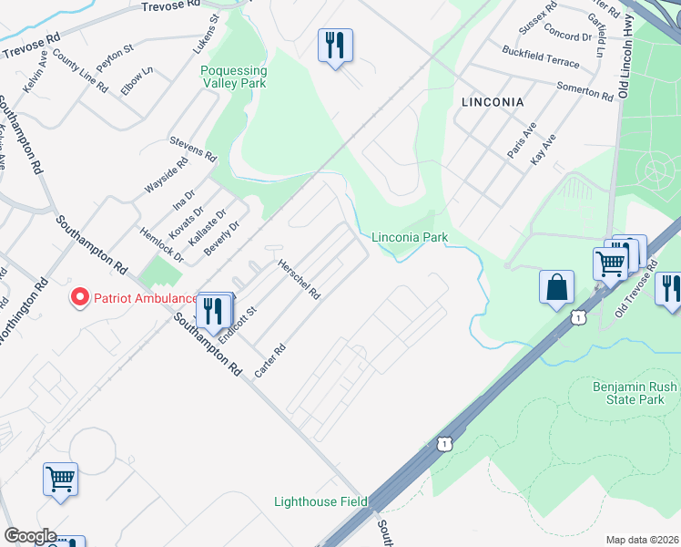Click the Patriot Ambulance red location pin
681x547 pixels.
pos(79,298)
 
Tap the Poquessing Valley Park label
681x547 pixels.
pos(234,77)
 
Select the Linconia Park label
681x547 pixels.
pos(410,237)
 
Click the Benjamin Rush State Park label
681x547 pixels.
pos(635,394)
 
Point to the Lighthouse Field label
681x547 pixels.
pos(321,501)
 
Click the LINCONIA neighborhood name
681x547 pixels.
pos(493,102)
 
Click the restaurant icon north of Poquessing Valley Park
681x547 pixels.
pos(335,45)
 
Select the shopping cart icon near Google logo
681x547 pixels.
pos(60,479)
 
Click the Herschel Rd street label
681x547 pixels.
pos(300,277)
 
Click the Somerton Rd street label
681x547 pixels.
pos(585,91)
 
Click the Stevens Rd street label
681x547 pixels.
pos(193,150)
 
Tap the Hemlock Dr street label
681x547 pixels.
pos(162,245)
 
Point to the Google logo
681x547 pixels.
pos(30,536)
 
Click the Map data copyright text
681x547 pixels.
pos(643,540)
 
